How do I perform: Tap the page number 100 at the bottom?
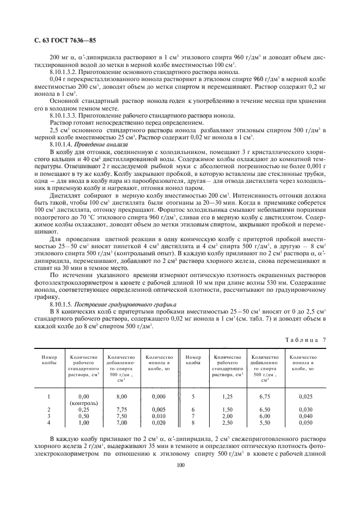[x=180, y=464]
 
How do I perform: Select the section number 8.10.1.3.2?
[x=65, y=72]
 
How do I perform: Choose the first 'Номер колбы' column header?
[x=49, y=360]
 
